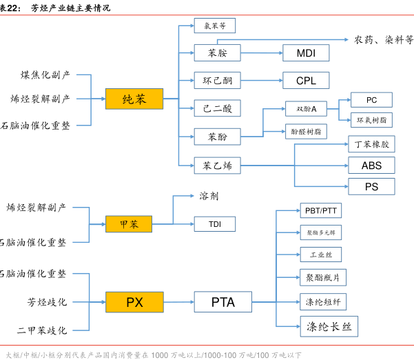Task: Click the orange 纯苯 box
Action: [134, 99]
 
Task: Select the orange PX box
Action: [134, 302]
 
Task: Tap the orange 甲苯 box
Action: [129, 224]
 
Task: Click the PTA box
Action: [222, 302]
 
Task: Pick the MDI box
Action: [306, 53]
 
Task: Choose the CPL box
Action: [306, 81]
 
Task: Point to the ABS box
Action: [371, 165]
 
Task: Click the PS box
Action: [371, 186]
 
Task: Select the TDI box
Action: [214, 224]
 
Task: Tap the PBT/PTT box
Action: [320, 210]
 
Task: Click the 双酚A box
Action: [307, 109]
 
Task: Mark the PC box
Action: [371, 100]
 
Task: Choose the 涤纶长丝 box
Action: [329, 326]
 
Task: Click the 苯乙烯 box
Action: [217, 165]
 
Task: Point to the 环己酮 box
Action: [217, 81]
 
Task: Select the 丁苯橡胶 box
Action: [371, 144]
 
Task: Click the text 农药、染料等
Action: [384, 40]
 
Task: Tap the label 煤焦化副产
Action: [45, 74]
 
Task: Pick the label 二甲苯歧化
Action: [42, 331]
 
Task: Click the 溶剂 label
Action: [209, 196]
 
